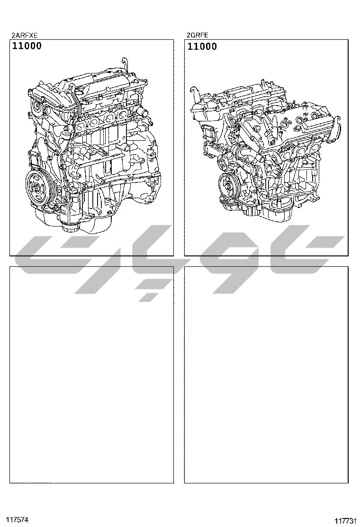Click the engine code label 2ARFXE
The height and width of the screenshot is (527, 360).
[x=25, y=35]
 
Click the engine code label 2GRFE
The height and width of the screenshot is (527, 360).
[x=198, y=35]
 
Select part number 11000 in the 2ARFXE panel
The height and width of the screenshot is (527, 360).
[x=27, y=46]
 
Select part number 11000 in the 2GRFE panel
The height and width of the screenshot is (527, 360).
[x=202, y=46]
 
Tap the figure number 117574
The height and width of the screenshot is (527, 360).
[x=17, y=519]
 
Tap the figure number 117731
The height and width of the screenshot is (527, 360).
[x=345, y=521]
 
